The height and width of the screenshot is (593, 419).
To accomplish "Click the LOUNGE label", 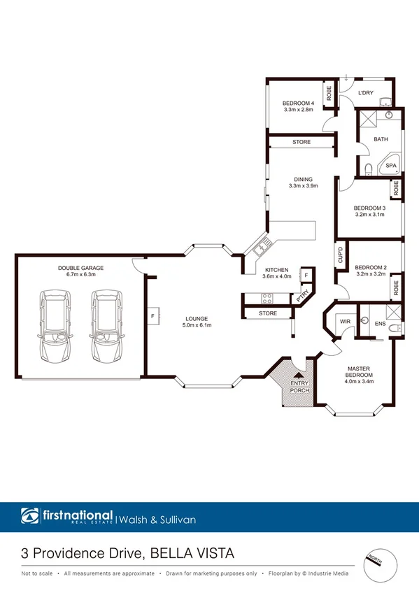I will point(197,319).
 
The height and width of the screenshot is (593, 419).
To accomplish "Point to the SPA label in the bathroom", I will point(392,166).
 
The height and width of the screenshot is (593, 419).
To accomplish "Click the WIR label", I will point(344,321).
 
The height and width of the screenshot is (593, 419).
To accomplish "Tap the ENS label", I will point(381,324).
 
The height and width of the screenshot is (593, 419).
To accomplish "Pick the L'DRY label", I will point(366,93).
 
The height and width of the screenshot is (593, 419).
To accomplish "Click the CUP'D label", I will point(339,255).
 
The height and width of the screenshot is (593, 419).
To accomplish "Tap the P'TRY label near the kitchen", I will point(303,296).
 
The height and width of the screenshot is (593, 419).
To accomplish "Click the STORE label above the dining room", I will point(301,142).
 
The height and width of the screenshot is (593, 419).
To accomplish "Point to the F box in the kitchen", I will point(306,276).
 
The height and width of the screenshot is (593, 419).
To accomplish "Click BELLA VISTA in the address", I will point(190,553).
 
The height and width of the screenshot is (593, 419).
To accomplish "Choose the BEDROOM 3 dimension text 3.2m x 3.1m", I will point(369,215).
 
